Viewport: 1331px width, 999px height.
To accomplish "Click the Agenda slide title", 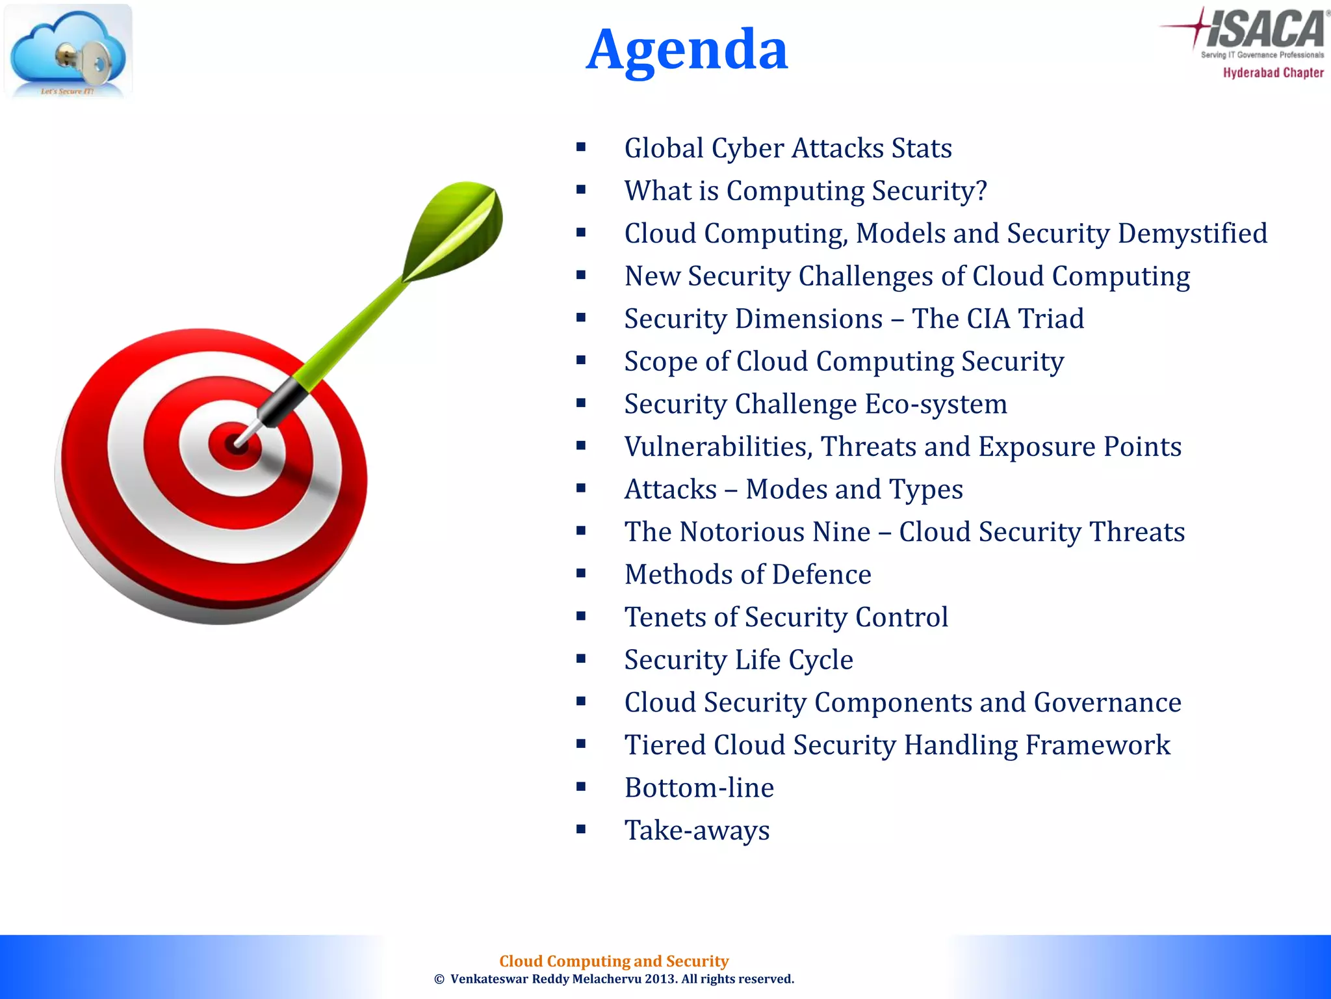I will (687, 49).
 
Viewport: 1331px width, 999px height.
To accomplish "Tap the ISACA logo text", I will (1264, 29).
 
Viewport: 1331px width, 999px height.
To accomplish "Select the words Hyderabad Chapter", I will (1273, 73).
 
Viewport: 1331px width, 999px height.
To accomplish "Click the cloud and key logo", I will (68, 52).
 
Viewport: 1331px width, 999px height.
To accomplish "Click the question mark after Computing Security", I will (980, 191).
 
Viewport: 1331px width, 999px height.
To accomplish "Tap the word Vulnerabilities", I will (718, 447).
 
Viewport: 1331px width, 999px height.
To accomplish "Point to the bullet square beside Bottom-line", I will (581, 787).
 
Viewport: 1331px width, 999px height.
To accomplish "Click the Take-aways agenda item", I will (697, 831).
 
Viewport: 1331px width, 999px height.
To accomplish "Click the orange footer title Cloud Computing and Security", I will (614, 961).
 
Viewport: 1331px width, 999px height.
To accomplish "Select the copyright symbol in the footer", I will (439, 979).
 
